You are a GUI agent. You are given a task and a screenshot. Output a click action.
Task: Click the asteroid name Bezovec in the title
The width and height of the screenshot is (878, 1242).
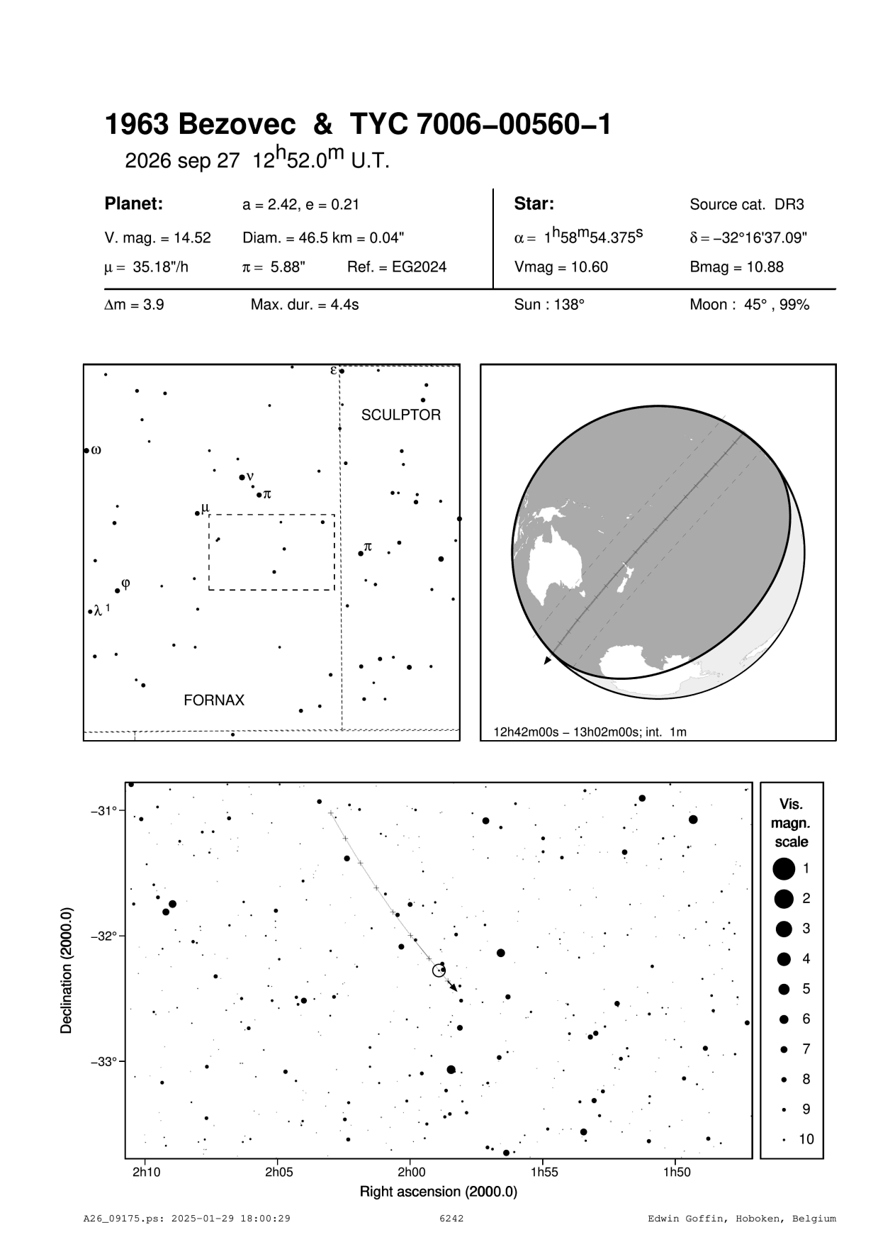tap(237, 125)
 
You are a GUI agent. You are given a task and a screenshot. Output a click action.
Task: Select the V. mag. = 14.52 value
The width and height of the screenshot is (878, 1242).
tap(157, 238)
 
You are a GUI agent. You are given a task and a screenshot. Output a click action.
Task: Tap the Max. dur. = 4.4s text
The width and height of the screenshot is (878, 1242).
tap(305, 306)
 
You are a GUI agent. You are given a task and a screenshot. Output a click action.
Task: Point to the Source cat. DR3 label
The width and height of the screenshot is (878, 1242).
tap(747, 205)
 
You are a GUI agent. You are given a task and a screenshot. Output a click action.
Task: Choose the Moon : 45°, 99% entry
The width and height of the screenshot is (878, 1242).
tap(749, 306)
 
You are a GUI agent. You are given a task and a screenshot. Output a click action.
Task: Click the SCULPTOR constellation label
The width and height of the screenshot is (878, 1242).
tap(400, 415)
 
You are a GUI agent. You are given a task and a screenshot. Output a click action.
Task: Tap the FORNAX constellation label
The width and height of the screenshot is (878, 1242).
tap(214, 700)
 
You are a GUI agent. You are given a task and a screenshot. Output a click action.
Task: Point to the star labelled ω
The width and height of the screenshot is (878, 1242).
tap(86, 450)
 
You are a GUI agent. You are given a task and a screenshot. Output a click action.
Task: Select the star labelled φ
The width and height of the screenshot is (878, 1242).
tap(118, 591)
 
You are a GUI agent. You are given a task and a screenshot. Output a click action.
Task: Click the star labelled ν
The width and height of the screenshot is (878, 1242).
tap(242, 477)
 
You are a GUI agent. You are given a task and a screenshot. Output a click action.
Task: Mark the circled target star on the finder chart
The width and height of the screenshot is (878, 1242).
tap(439, 970)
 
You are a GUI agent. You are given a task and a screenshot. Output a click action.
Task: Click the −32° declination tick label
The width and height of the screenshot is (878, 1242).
tap(104, 936)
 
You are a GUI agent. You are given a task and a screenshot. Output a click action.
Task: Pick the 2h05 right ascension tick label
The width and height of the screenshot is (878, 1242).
tap(279, 1172)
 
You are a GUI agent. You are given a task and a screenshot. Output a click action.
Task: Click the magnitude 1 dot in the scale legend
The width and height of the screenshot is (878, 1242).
tap(784, 868)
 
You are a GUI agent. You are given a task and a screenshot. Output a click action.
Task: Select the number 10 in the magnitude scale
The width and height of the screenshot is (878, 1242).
tap(806, 1139)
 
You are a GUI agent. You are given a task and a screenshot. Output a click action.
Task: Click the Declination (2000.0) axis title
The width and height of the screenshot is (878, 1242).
tap(67, 970)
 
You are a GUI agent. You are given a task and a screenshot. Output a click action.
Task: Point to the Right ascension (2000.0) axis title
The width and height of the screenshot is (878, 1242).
tap(439, 1192)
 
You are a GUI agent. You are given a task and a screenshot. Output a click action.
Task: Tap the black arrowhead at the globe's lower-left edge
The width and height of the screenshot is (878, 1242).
tap(546, 661)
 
